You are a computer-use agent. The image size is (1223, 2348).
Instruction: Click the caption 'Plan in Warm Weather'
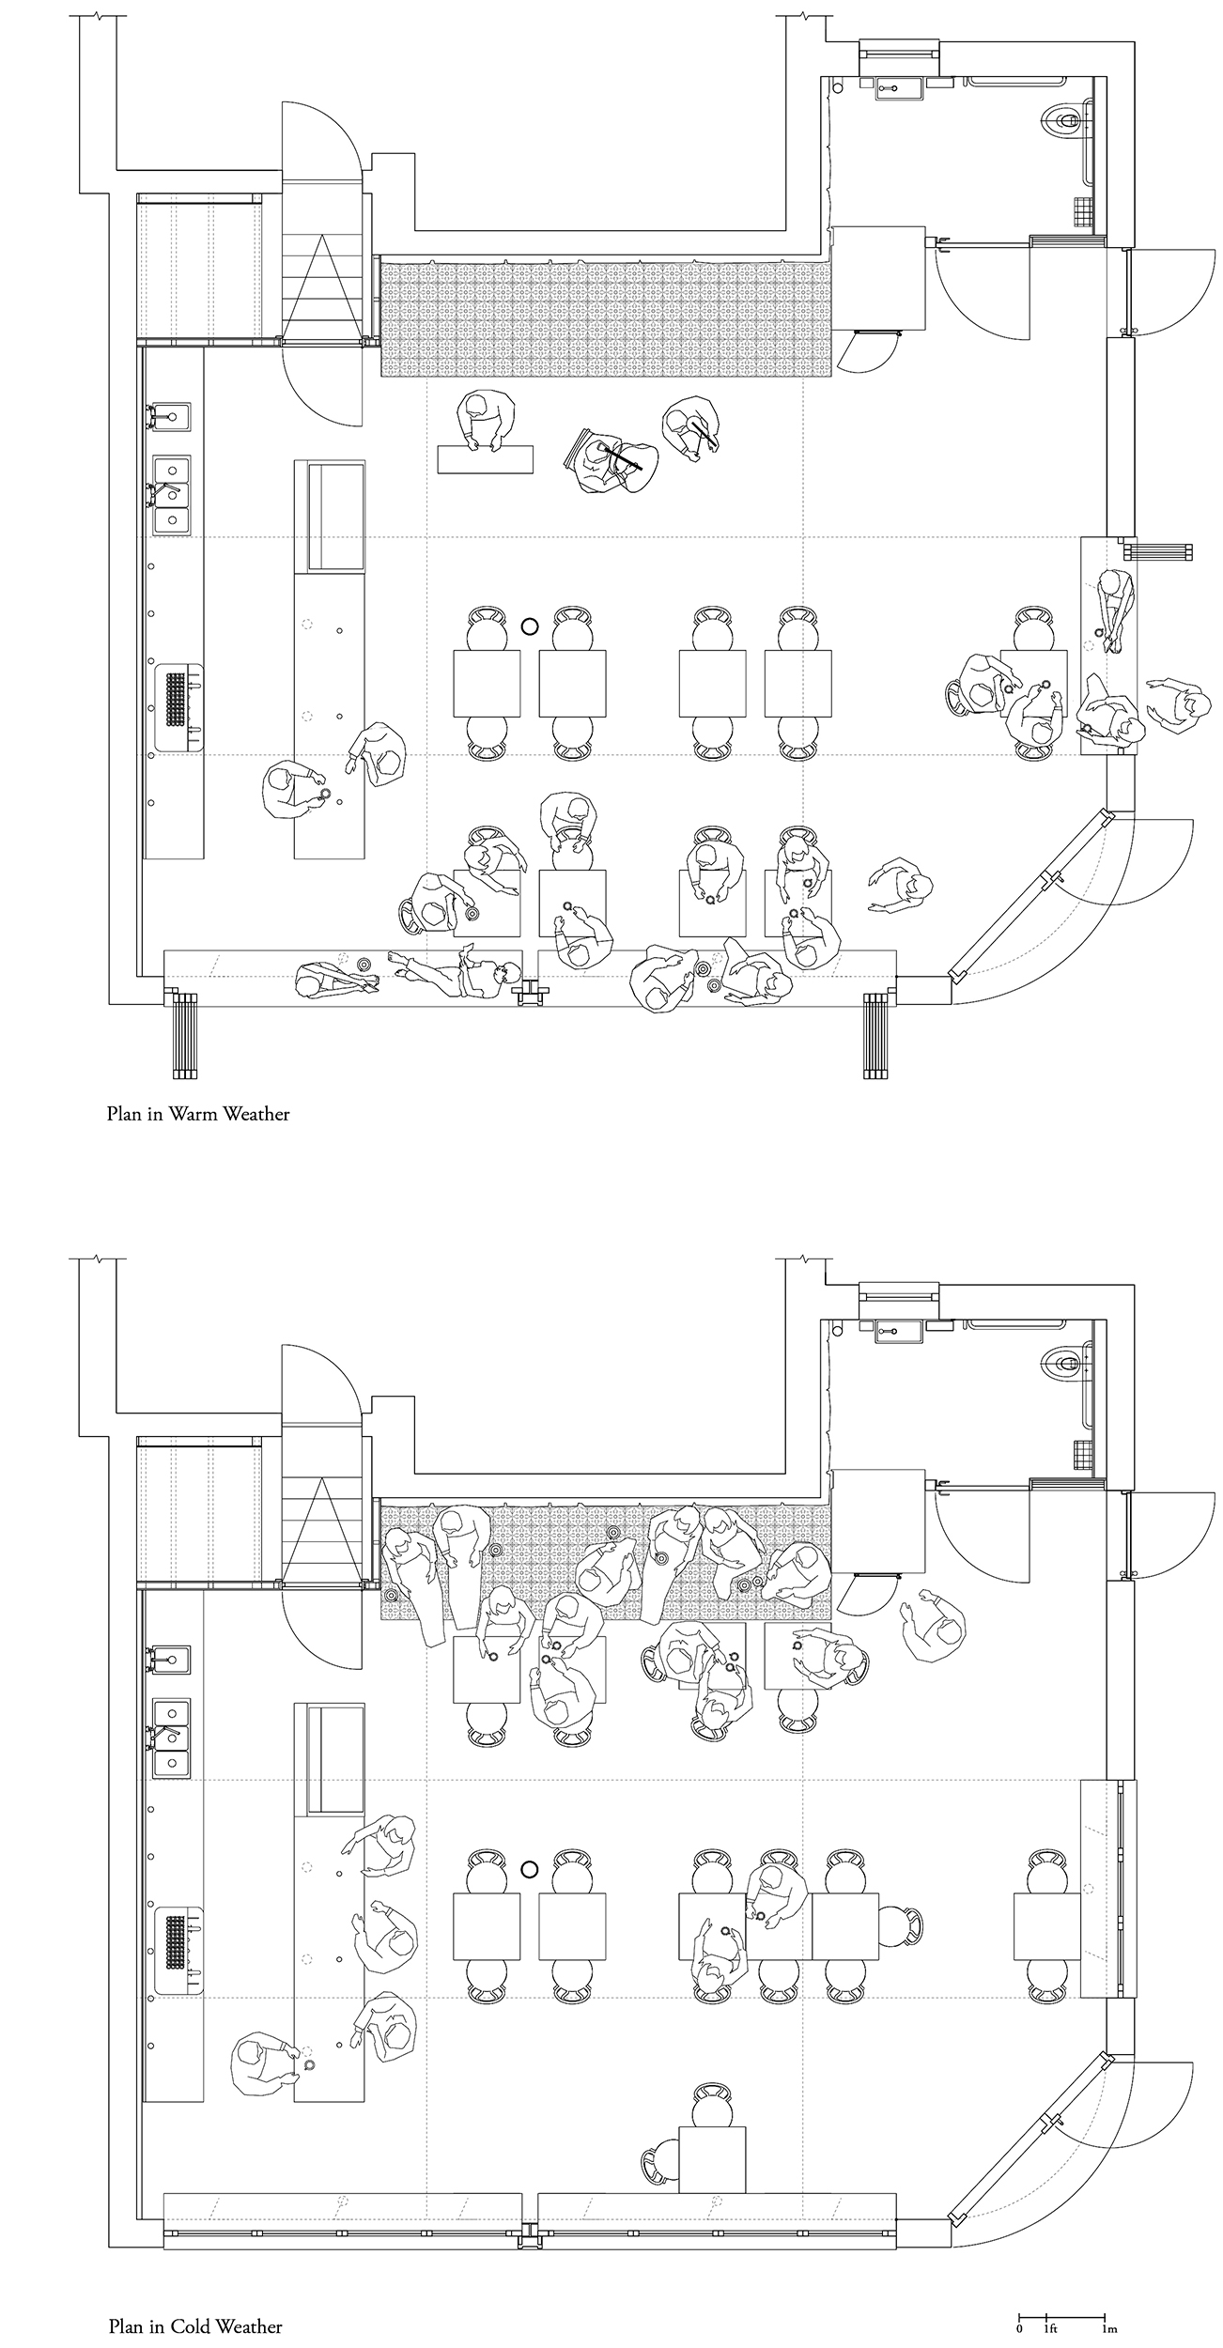pyautogui.click(x=198, y=1114)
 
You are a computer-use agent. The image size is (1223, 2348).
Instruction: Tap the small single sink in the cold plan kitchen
pyautogui.click(x=172, y=1661)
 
